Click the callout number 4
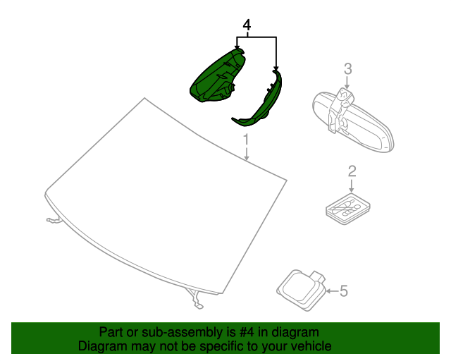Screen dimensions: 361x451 247,25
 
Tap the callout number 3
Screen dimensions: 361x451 347,68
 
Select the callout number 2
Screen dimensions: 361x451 352,171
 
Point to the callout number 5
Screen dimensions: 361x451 344,290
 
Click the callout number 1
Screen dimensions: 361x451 246,137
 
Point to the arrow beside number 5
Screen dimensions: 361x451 331,290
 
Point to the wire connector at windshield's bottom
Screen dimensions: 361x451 197,299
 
